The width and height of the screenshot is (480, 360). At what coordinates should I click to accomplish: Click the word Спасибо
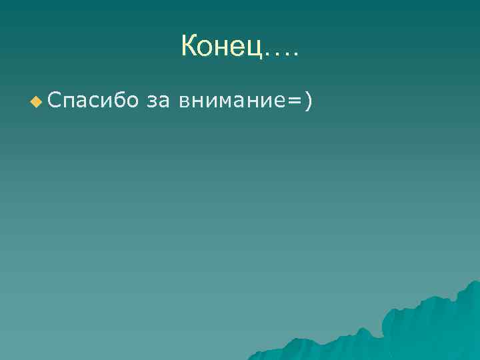pyautogui.click(x=93, y=101)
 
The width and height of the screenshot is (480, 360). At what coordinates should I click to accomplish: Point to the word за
pyautogui.click(x=157, y=101)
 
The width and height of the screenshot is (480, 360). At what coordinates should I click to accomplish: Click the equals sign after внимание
pyautogui.click(x=293, y=101)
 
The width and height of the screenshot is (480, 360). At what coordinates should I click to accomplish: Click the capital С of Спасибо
pyautogui.click(x=55, y=100)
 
